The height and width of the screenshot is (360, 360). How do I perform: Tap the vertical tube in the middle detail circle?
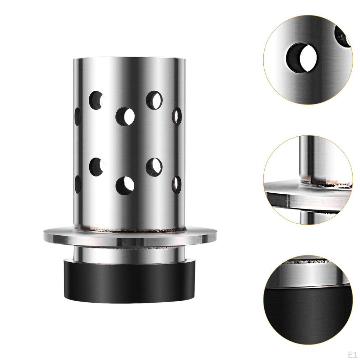307,158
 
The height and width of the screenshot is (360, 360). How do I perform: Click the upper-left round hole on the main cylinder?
97,99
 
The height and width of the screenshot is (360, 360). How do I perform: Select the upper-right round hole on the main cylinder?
154,99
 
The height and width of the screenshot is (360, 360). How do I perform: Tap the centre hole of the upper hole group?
126,116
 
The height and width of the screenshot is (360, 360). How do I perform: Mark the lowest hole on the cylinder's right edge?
176,184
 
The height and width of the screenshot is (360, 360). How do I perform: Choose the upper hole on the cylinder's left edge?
77,116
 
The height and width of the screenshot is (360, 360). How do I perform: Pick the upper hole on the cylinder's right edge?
176,116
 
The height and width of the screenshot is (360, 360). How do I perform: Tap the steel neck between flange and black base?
130,254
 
